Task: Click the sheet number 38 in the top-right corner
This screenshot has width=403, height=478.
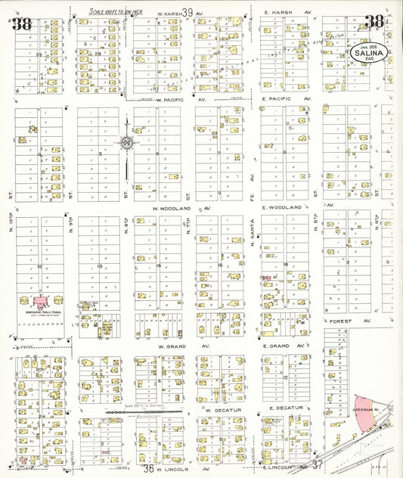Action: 374,22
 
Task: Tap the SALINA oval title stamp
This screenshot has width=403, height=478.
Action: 369,52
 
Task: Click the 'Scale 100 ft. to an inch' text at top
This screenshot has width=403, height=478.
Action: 116,11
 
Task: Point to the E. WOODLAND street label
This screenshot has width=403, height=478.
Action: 282,207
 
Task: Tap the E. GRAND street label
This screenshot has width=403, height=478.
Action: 281,346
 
